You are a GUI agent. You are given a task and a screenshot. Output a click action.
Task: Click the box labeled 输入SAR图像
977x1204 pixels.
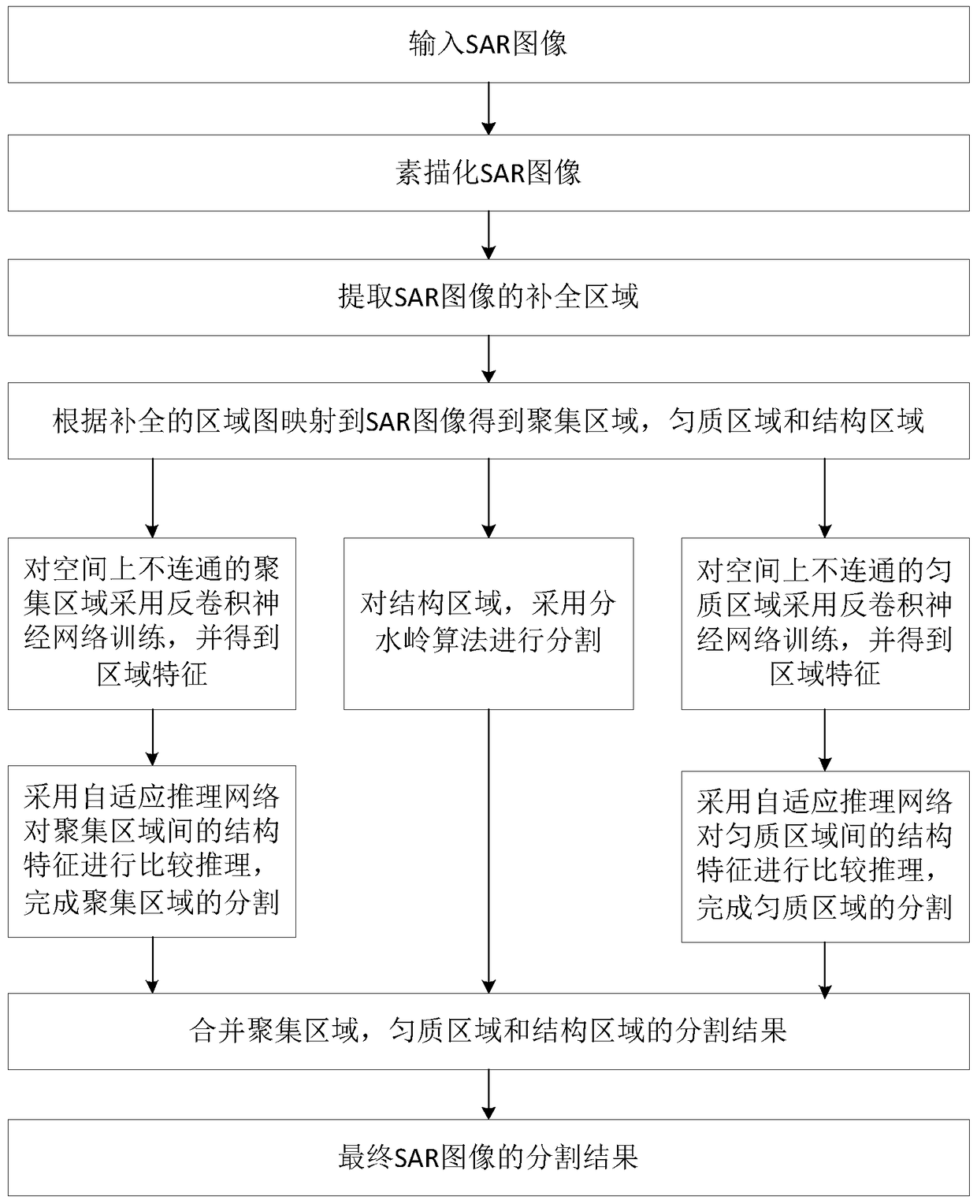[x=489, y=44]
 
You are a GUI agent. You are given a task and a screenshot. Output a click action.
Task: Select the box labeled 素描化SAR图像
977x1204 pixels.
[x=489, y=173]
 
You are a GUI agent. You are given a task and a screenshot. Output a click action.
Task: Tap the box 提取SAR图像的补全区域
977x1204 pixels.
[x=489, y=297]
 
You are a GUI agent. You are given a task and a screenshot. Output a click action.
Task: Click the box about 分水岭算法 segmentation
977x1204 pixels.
[x=489, y=622]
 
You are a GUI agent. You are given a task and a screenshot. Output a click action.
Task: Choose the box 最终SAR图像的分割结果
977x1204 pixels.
[x=489, y=1158]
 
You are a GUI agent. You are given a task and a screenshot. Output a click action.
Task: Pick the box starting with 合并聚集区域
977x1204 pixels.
[x=489, y=1031]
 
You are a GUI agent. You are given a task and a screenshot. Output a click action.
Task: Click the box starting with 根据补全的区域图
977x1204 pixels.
[x=489, y=421]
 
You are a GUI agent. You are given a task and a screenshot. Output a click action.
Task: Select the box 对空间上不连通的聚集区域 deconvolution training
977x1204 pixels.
[x=152, y=622]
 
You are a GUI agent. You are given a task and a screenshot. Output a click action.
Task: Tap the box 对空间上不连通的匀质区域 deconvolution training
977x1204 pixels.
[x=825, y=622]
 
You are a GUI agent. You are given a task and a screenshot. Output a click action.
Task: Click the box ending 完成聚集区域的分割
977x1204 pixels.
[x=152, y=851]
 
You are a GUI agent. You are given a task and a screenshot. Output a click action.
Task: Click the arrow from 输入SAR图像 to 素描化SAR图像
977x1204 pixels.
[x=489, y=109]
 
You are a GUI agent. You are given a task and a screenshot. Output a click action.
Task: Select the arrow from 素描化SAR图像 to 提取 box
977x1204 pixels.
[x=489, y=235]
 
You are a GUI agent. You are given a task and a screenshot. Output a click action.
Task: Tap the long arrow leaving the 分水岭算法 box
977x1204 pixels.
[x=489, y=851]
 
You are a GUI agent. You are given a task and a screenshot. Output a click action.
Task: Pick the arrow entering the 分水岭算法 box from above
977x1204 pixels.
[x=489, y=498]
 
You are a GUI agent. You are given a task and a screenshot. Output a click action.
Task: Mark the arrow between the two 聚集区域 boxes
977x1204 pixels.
[x=152, y=738]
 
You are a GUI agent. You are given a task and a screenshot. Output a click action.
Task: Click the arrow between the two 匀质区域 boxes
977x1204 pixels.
[x=825, y=740]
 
